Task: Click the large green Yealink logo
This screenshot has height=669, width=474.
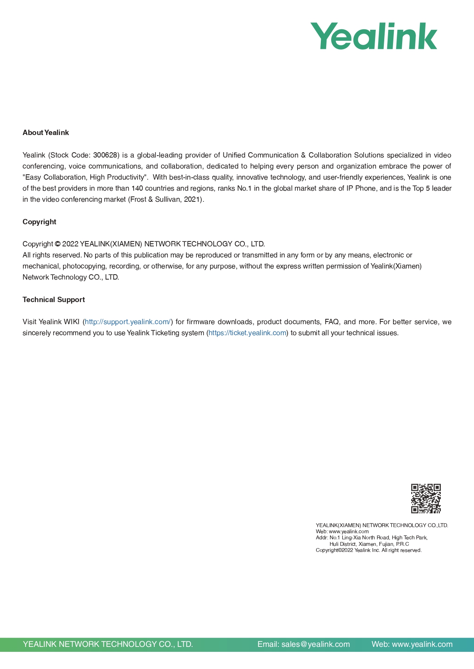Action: [374, 36]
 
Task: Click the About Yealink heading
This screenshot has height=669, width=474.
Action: [46, 133]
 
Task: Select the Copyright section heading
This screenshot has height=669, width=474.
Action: [39, 222]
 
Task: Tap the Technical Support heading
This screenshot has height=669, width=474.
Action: [53, 300]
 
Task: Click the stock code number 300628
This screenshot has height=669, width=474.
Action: [105, 155]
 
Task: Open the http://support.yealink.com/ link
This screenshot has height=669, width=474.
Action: [128, 322]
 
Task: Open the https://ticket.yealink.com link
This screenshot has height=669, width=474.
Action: [248, 333]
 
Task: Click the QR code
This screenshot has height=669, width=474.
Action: [426, 499]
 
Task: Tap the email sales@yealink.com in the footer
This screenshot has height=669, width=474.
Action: [315, 645]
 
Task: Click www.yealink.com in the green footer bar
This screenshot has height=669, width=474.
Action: [422, 645]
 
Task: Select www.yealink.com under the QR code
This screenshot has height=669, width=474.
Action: [349, 531]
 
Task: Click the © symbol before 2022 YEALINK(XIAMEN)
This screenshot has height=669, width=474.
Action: [58, 244]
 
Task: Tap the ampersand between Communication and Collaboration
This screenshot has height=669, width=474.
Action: [303, 155]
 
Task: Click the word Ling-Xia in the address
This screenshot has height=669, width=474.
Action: [351, 538]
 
